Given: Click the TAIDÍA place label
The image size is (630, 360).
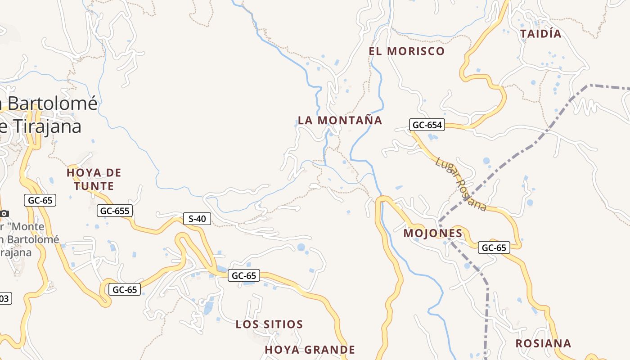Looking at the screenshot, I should [x=541, y=34].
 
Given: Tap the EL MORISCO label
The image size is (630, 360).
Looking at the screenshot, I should [x=406, y=51].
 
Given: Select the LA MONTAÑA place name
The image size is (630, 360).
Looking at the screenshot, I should [x=340, y=121].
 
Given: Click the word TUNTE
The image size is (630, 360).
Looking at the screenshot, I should [x=94, y=186].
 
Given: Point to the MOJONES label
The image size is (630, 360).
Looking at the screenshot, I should [x=433, y=233].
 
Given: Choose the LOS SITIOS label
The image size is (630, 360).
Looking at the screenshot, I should [x=269, y=324].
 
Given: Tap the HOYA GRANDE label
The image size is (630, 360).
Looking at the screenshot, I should [x=310, y=350].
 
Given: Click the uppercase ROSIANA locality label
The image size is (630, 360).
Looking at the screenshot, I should [x=543, y=343].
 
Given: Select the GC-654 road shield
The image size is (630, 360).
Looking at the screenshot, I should [x=427, y=125].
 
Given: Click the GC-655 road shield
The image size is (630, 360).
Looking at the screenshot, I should [x=115, y=211].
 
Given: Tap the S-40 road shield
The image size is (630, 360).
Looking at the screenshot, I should [x=197, y=219].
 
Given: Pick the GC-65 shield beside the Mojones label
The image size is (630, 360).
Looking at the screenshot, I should [x=494, y=247].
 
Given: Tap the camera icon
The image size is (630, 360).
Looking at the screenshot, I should [x=4, y=213].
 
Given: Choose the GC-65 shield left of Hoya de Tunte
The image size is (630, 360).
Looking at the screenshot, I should [x=40, y=201].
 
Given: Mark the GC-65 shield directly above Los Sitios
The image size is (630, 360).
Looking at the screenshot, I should [x=244, y=275].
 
